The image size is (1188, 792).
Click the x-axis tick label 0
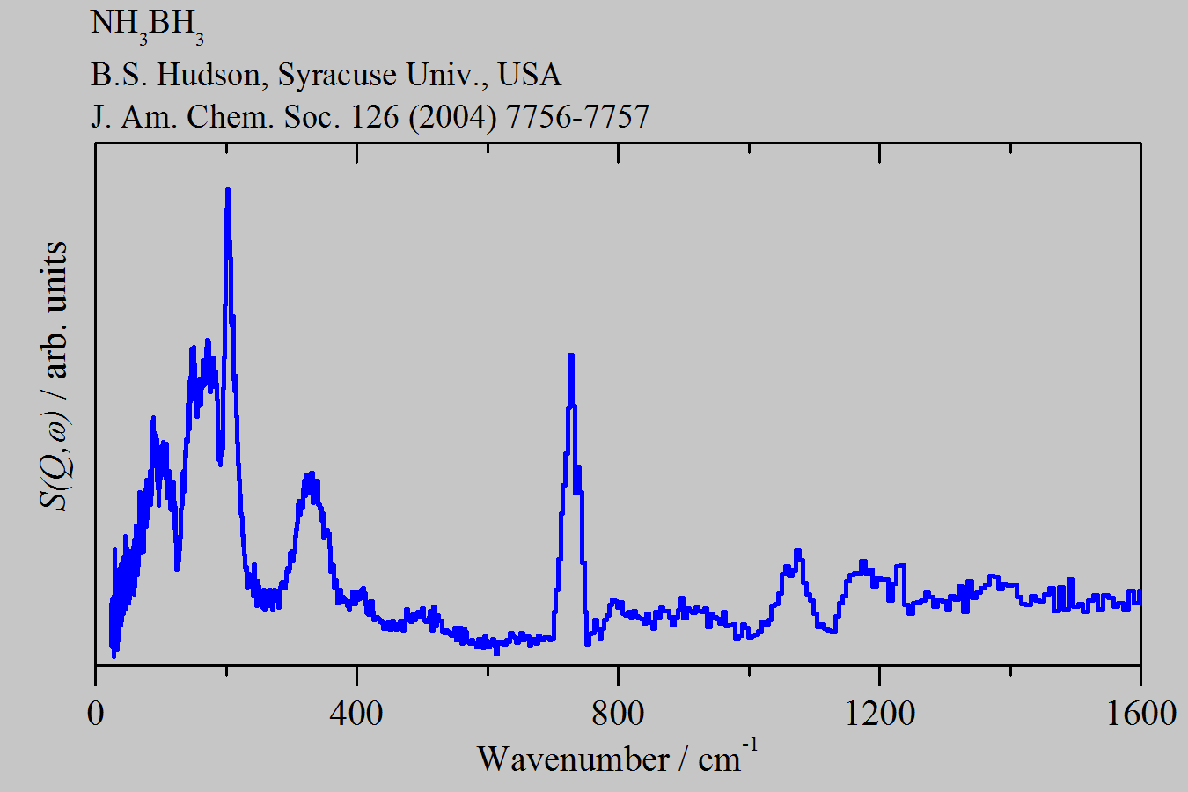tap(95, 712)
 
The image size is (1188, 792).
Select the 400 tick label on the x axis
tap(356, 712)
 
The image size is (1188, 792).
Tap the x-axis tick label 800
tap(618, 712)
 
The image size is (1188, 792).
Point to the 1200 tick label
tap(879, 712)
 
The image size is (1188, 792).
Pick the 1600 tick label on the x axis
tap(1140, 712)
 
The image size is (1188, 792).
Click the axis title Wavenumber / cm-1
tap(617, 758)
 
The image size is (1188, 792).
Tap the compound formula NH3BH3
tap(147, 26)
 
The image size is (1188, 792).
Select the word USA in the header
tap(530, 75)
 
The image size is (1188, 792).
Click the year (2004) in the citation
tap(455, 116)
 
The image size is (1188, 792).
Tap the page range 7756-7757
tap(577, 116)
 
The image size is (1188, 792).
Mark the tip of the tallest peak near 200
tap(228, 190)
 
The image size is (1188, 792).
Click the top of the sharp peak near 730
tap(571, 356)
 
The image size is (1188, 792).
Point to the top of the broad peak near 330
tap(310, 474)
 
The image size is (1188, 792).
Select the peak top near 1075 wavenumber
tap(797, 551)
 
